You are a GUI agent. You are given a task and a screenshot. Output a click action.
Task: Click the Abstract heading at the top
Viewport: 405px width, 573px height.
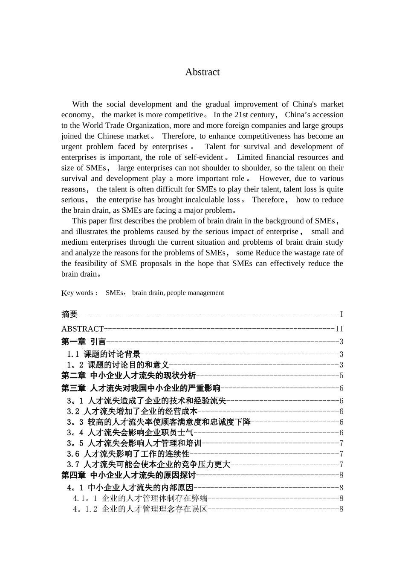[202, 72]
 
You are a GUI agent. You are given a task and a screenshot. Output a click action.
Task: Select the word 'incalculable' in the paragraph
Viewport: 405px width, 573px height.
[205, 200]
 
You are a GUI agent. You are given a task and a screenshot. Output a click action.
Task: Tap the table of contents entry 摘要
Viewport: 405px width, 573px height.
[69, 314]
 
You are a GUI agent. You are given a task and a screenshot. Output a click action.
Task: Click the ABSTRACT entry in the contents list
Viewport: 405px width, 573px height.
[82, 329]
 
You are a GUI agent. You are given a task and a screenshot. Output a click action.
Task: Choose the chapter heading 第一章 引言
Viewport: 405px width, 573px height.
[84, 341]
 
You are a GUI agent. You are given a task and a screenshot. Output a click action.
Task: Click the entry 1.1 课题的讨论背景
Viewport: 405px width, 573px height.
[104, 354]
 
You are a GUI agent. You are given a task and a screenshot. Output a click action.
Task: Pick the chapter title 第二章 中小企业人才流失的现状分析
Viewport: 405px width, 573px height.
[128, 376]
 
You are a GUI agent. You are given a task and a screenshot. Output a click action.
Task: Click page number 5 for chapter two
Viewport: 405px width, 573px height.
[341, 376]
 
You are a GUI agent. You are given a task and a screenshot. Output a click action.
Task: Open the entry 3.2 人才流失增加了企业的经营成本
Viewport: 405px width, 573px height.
[132, 411]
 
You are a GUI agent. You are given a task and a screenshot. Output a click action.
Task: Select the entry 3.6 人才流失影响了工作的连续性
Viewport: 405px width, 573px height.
[128, 454]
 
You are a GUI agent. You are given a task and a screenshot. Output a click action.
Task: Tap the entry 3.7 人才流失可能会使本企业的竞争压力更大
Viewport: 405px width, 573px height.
[148, 465]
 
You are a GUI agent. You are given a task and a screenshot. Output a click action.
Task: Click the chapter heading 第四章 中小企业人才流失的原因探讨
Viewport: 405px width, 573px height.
[128, 475]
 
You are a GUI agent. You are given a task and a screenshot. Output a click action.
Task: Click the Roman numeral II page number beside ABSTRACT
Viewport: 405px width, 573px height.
[339, 329]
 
